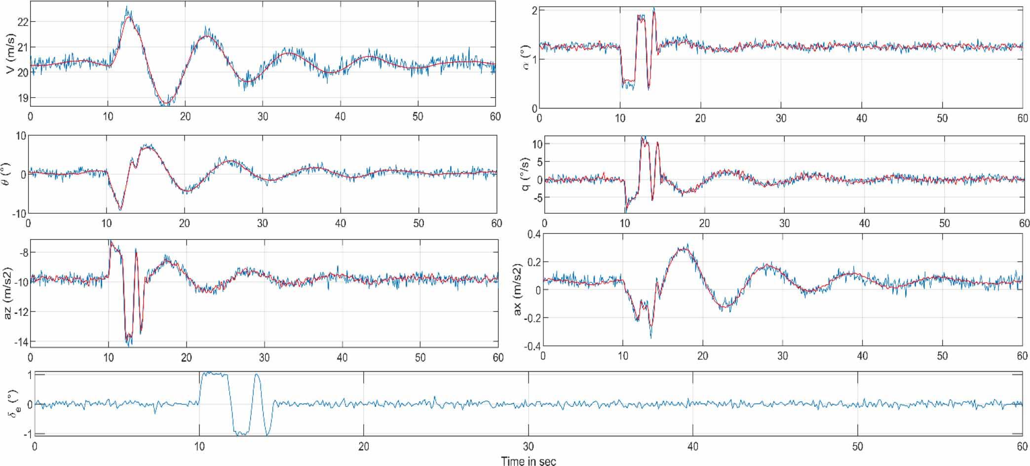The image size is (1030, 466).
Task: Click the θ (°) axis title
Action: [x=10, y=174]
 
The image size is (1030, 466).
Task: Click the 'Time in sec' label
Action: [x=528, y=461]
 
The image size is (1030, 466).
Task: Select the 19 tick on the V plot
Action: [x=23, y=98]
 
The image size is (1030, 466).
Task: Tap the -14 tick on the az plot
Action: [x=22, y=342]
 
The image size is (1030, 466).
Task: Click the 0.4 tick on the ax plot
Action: [x=534, y=234]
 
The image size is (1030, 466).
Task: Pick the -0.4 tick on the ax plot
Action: [x=532, y=346]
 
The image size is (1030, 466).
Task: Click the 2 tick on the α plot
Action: [x=534, y=10]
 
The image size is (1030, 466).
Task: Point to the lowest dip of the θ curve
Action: [x=120, y=209]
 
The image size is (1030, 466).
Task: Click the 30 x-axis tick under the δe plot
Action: [x=528, y=446]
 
